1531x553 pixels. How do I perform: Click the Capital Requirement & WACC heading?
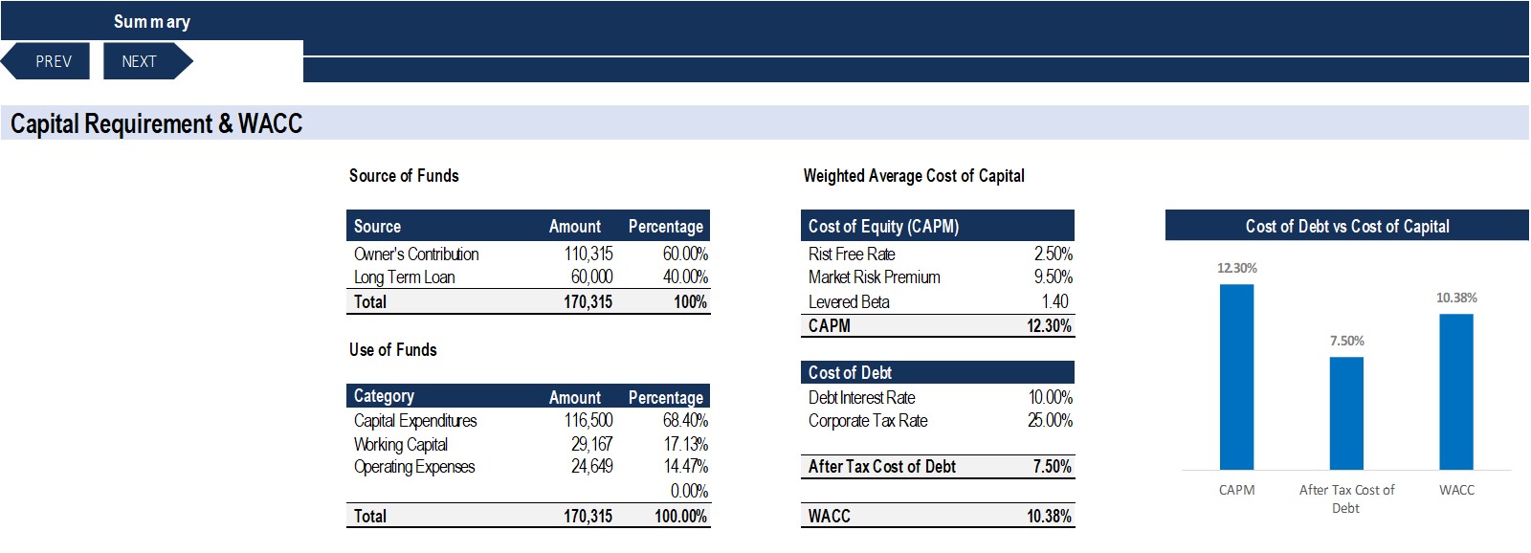[156, 123]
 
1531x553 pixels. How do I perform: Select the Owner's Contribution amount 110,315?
[588, 254]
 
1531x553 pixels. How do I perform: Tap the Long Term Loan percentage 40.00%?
[685, 276]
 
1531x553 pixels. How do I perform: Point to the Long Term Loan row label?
[404, 276]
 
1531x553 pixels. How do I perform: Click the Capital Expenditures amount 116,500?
[588, 420]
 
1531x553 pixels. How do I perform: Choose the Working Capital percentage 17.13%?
[685, 444]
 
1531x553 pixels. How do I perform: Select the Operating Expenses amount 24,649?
[592, 466]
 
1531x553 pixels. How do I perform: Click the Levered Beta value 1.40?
[1054, 301]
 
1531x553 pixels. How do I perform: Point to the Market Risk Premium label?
[875, 276]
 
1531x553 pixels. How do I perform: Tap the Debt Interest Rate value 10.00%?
[1050, 397]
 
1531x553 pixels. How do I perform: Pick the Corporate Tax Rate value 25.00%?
[1050, 420]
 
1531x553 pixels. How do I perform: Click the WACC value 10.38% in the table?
[1049, 516]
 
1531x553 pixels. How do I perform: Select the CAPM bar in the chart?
[1236, 377]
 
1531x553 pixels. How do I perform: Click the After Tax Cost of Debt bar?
[1346, 413]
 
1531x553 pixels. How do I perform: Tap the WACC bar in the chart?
[1456, 391]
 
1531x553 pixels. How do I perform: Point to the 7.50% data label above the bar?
[1346, 341]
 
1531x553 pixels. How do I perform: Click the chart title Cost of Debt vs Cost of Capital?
[1346, 226]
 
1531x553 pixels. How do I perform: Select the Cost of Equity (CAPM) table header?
[883, 226]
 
